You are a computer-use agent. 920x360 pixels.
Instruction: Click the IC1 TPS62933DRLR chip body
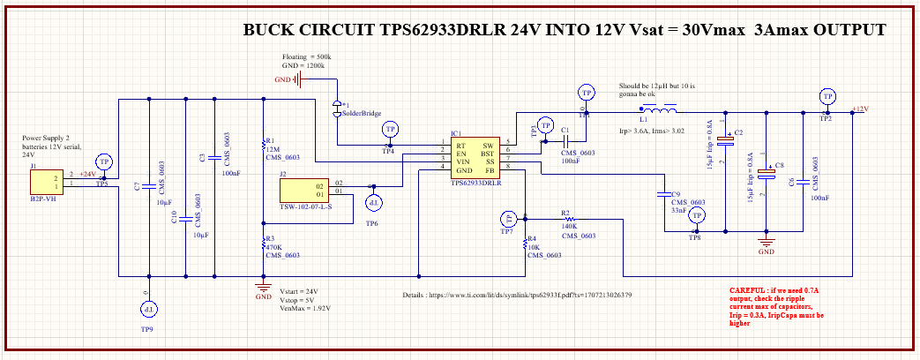point(475,159)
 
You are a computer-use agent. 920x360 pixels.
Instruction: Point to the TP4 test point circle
point(389,130)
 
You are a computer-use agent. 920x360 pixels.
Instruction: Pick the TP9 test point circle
point(149,310)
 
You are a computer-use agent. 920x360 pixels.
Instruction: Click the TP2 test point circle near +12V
point(827,95)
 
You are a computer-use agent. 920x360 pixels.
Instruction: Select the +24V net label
point(88,175)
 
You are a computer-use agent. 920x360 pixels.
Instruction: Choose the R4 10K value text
point(534,247)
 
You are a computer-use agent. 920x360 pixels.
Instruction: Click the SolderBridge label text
point(361,114)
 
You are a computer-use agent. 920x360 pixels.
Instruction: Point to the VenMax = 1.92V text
point(306,309)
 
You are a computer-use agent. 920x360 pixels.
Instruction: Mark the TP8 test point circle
point(696,215)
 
